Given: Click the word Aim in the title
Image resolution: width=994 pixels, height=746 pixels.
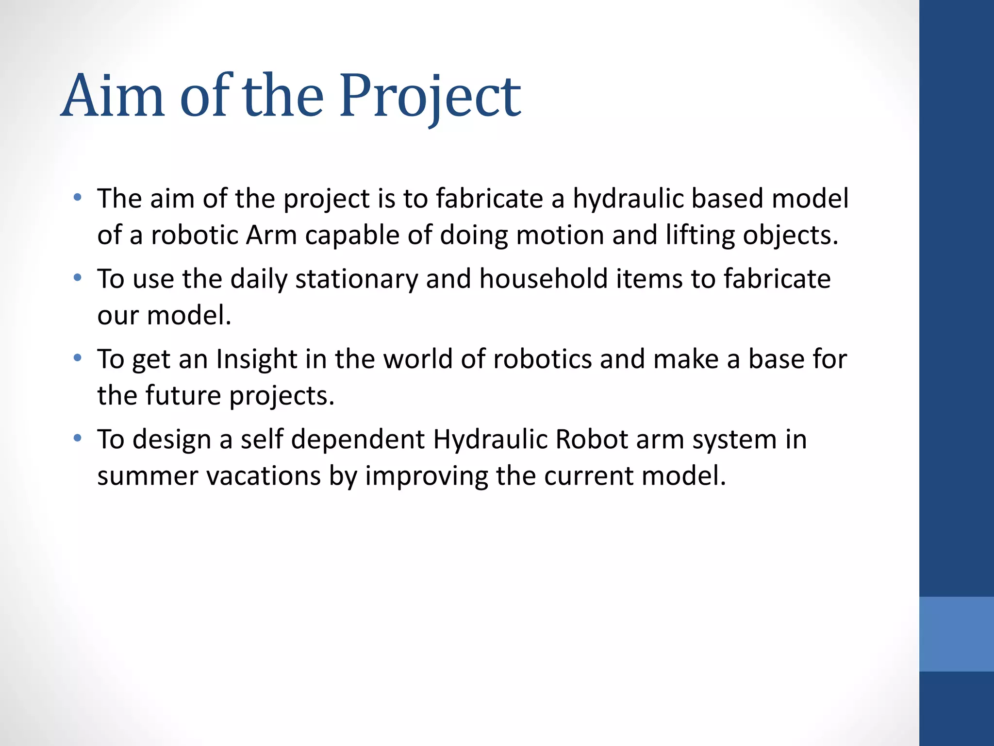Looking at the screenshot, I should click(113, 96).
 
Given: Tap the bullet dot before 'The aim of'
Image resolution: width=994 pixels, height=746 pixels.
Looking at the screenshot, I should click(77, 198).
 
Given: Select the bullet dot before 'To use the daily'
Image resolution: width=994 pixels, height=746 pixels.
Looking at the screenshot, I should click(77, 278).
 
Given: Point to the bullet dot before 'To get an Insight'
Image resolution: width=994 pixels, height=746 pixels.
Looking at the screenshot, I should click(77, 358).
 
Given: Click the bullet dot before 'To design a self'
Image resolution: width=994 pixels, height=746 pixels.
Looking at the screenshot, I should click(77, 439).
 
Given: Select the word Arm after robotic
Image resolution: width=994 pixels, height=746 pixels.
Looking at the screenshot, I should click(271, 236).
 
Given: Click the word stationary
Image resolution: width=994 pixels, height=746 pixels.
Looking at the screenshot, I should click(356, 279).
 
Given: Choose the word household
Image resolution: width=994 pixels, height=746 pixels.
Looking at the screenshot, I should click(543, 279).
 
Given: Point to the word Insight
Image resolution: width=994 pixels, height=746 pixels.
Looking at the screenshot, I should click(256, 359).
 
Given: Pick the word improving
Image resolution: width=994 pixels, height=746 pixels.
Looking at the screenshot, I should click(426, 476).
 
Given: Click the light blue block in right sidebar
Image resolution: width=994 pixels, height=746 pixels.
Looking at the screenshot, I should click(956, 634).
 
